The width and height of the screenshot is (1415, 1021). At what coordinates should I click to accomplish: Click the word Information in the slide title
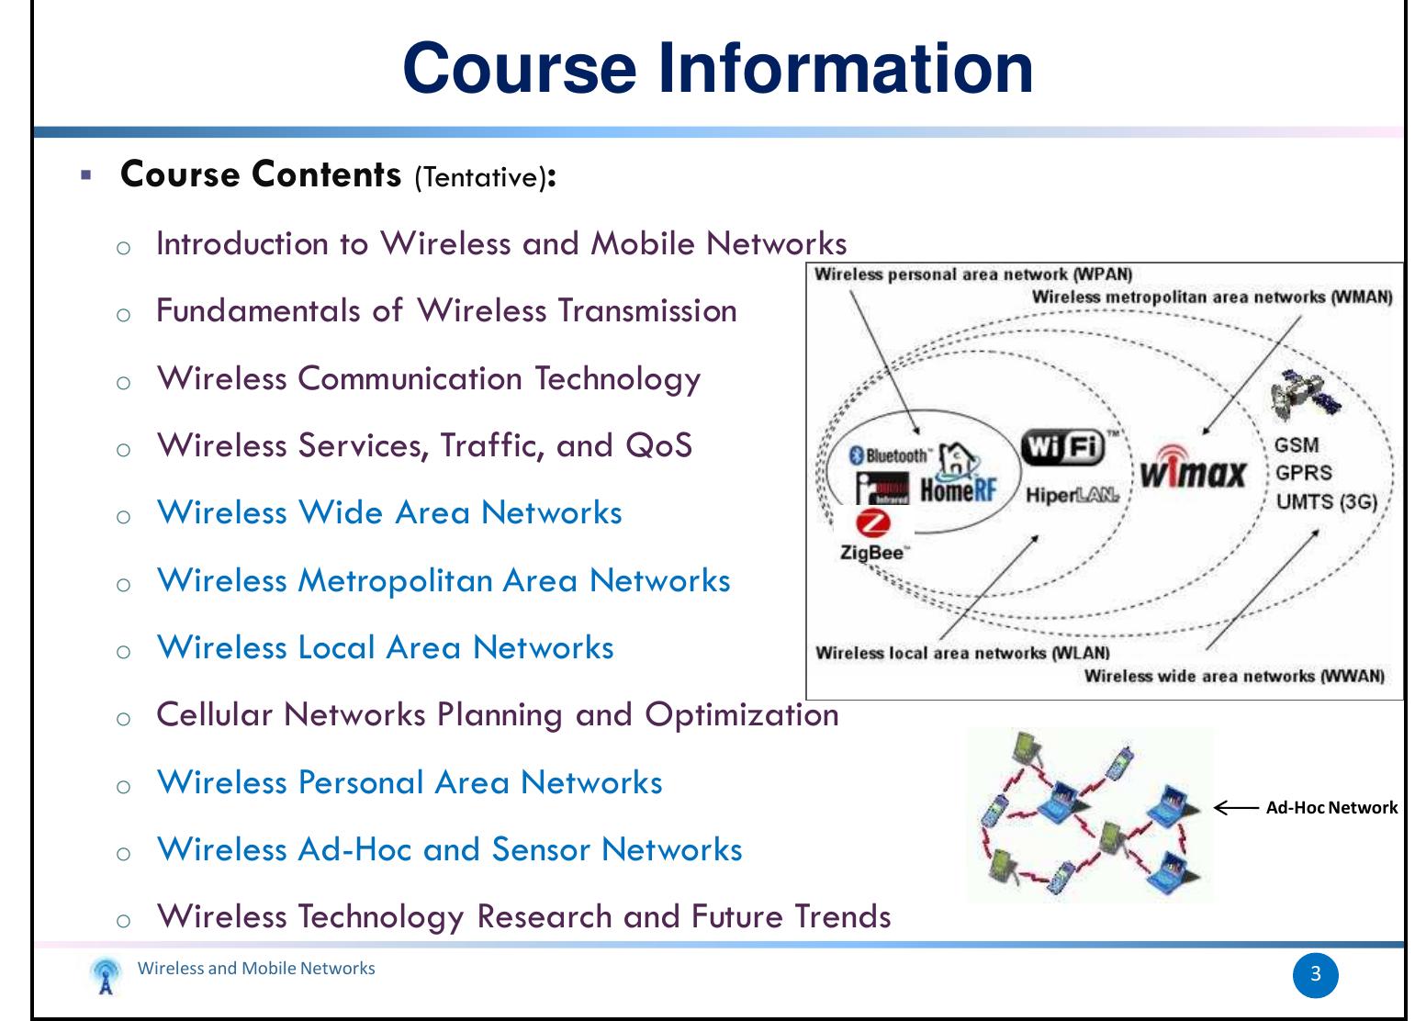point(844,69)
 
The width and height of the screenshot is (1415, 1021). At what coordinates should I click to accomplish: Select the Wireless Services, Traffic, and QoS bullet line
point(424,445)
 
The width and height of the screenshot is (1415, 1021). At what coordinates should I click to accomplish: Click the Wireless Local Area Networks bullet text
point(385,647)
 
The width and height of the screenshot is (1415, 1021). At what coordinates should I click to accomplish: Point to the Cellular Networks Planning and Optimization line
point(497,714)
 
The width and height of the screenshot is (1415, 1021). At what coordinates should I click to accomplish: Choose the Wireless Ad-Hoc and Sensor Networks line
point(449,849)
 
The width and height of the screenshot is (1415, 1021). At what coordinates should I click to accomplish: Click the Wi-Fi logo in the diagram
point(1062,448)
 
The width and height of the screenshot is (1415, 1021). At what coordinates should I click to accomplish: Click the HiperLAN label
point(1072,496)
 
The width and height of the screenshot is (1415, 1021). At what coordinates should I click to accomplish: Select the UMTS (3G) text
point(1326,501)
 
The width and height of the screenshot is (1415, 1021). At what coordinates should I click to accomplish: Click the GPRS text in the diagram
point(1303,474)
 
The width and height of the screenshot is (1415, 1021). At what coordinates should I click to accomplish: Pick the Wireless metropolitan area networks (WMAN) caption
point(1211,297)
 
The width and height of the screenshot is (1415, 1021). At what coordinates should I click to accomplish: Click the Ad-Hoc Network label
point(1331,808)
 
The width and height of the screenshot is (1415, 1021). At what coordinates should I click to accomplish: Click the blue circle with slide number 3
point(1315,974)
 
